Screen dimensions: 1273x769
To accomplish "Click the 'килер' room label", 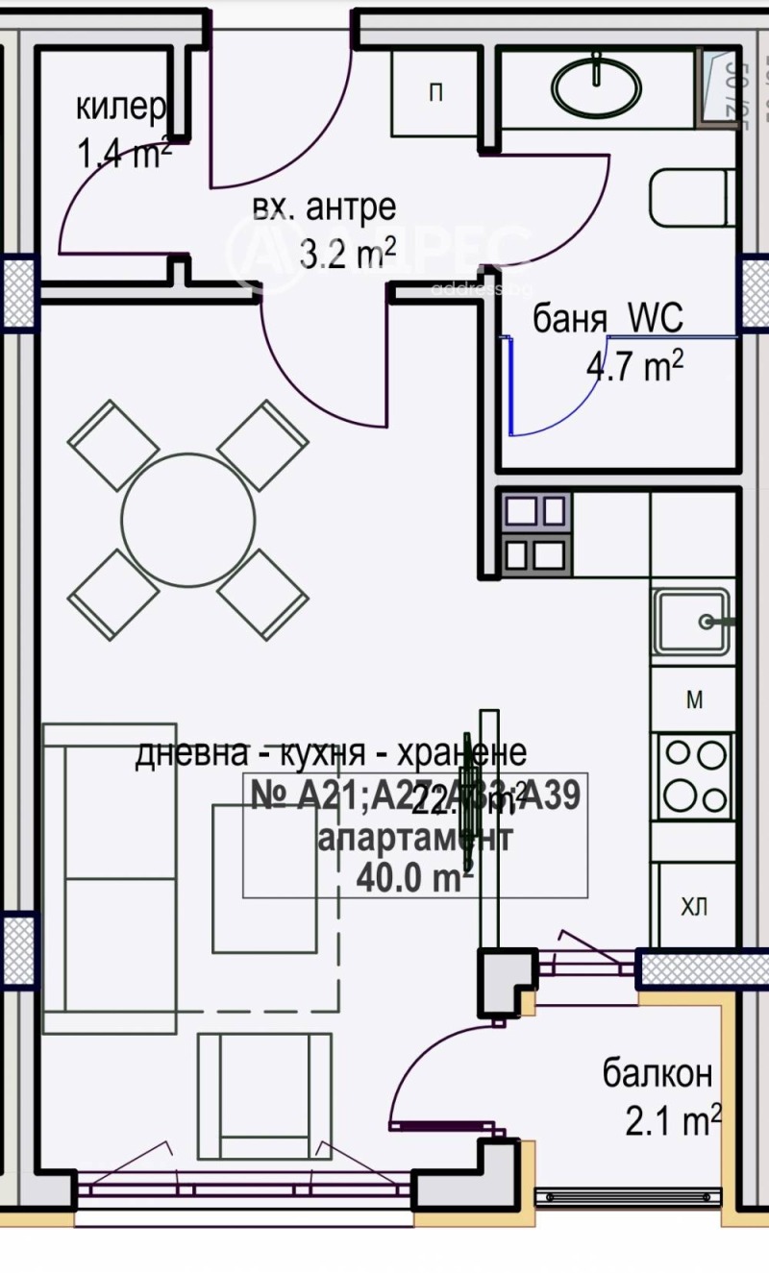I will coord(121,108).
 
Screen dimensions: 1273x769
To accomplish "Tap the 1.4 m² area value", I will coord(124,153).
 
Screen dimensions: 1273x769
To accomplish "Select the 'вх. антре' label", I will coord(324,208).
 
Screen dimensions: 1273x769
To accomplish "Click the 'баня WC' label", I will coord(608,319).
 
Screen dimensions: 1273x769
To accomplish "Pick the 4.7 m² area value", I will coord(634,366).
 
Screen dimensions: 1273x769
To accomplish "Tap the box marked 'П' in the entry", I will coord(435,93).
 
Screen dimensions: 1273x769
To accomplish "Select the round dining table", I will coord(189,519).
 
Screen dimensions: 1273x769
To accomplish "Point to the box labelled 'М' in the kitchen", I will coord(694,700).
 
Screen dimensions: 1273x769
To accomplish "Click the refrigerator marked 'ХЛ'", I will coord(694,905).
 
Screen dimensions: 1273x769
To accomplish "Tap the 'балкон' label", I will coord(657,1073).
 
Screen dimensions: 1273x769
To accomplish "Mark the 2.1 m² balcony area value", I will coord(673,1120).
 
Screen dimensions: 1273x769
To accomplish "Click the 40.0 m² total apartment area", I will coord(414,876).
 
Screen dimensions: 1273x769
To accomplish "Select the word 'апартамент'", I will coord(414,837).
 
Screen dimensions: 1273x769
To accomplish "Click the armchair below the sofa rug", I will coord(263,1095).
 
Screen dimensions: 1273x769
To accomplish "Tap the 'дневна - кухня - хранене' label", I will coord(331,754).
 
